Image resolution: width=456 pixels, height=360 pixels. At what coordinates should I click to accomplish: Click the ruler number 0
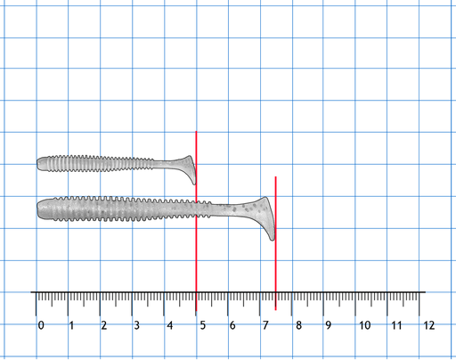tap(41, 325)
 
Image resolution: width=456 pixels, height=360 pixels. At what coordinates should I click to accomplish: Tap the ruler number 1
tap(71, 325)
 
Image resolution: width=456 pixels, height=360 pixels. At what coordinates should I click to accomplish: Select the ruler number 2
tap(103, 325)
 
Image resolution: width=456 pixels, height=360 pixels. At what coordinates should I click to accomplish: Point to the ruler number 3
tap(136, 325)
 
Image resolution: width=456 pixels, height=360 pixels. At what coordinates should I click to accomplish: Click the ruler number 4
tap(169, 325)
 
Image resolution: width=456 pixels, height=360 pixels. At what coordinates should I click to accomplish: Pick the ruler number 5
tap(202, 325)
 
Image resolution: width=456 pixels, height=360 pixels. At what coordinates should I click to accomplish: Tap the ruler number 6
tap(232, 325)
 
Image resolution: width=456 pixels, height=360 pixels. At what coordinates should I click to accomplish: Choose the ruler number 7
tap(265, 325)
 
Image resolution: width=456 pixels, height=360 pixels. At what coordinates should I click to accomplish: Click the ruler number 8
tap(298, 325)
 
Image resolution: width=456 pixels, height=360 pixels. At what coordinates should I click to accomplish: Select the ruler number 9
tap(329, 325)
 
